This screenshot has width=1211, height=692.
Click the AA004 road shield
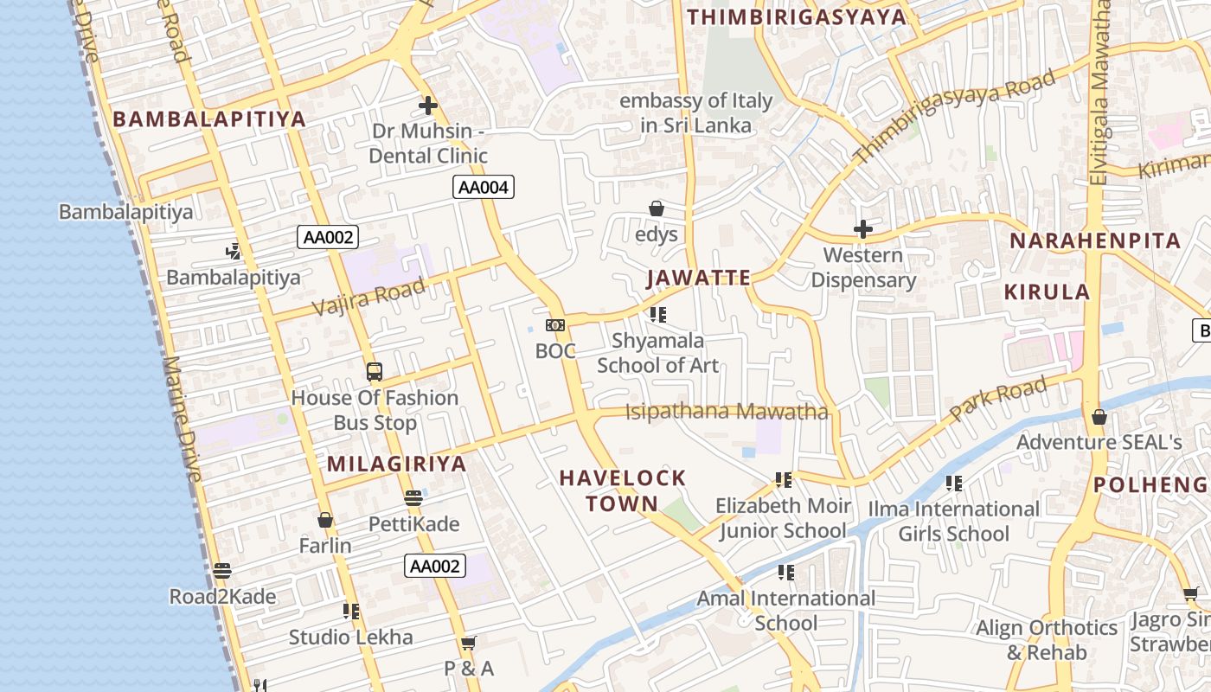point(484,187)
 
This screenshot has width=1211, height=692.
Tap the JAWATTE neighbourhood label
point(699,278)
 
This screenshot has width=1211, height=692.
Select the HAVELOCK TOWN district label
point(622,490)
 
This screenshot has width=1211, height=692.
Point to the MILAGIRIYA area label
point(396,464)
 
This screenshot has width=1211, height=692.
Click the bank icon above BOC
point(555,325)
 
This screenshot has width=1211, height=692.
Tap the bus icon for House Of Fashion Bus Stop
point(375,372)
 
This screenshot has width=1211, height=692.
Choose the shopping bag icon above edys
point(657,208)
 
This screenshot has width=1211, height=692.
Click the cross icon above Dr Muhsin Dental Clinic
point(428,106)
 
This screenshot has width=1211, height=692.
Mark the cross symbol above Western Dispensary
point(862,229)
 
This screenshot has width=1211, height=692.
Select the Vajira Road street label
point(368,297)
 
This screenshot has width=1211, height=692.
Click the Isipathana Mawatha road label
point(727,412)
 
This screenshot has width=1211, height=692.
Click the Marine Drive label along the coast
point(183,419)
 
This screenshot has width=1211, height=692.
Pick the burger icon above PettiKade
point(413,498)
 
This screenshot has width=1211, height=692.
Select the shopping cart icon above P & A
point(469,643)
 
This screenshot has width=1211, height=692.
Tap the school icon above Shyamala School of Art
point(658,315)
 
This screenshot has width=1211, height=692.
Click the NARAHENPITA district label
point(1095,240)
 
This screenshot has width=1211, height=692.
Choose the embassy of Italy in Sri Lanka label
point(695,113)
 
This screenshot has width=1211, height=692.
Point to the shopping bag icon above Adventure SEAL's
point(1099,417)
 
